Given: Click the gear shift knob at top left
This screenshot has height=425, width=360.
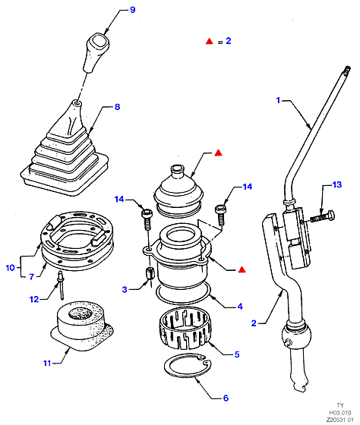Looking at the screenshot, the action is coord(96,52).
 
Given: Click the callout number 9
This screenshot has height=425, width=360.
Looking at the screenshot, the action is coord(132,10).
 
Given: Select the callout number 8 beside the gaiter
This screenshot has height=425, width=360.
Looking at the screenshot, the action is coord(117,107).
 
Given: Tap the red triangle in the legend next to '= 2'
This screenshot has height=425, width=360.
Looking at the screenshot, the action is coord(209,41).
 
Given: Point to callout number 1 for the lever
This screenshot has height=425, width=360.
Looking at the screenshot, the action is coord(278,100).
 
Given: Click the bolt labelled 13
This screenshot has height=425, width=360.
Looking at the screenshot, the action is coord(322,217).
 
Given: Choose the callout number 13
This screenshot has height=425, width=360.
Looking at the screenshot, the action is coord(337,184).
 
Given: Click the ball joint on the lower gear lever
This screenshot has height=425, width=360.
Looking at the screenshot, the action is coord(297,335).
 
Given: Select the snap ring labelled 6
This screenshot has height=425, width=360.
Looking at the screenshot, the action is coord(188,367).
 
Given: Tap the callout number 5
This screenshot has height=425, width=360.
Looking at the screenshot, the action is coord(237,354).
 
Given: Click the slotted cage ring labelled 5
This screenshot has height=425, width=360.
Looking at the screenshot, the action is coord(185,328).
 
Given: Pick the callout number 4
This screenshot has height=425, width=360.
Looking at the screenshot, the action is coord(240,307).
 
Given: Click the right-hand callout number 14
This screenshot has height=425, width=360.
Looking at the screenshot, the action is coord(247,187).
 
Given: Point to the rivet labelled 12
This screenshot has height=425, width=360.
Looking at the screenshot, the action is coord(61,285).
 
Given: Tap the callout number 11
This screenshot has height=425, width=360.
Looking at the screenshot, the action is coord(47,363).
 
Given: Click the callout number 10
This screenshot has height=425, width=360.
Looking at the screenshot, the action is coord(10,268).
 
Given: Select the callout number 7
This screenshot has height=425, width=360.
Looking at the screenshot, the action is coord(31,277).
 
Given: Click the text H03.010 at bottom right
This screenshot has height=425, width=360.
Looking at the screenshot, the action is coord(340,413).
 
